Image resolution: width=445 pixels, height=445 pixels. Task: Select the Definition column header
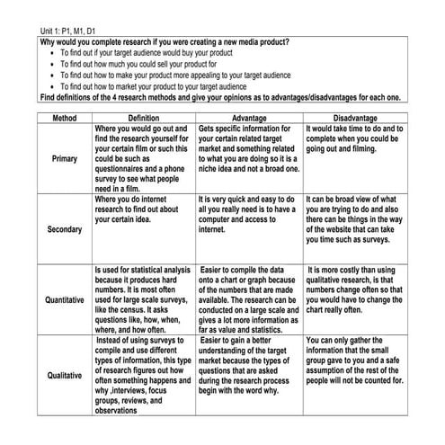[x=144, y=118]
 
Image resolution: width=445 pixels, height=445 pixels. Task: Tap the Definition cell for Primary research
[x=144, y=159]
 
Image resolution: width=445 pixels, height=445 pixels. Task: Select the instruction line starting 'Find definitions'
[x=220, y=97]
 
